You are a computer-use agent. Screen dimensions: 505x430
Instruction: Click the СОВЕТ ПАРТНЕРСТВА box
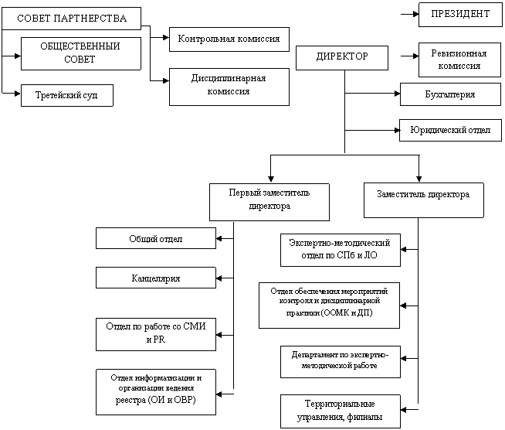(x=72, y=19)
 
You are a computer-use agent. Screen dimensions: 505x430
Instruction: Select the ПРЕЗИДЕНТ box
(x=460, y=15)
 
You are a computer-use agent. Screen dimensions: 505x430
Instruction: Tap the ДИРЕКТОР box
(x=342, y=58)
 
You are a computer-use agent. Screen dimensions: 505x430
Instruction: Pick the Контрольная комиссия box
(x=229, y=39)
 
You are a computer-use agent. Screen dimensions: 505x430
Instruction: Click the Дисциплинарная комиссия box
(x=229, y=87)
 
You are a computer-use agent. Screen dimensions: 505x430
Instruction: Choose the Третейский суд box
(x=67, y=95)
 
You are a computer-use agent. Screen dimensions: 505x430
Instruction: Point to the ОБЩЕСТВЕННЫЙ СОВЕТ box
(x=81, y=53)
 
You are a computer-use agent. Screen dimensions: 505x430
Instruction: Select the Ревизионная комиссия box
(x=459, y=60)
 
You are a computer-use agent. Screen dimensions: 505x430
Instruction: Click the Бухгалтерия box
(x=451, y=94)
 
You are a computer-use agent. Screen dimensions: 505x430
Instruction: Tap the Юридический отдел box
(x=451, y=131)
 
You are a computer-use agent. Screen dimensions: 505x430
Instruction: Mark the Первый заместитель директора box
(x=269, y=203)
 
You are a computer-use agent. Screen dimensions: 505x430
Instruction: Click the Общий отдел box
(x=156, y=238)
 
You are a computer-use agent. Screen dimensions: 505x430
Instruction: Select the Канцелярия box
(x=156, y=278)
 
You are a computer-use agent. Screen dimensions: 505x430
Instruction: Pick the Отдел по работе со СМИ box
(x=156, y=335)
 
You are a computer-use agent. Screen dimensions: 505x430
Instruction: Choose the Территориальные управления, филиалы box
(x=341, y=411)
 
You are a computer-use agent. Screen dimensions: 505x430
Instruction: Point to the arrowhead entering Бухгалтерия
(x=398, y=94)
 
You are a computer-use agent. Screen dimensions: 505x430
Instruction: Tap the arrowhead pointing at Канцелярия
(x=219, y=278)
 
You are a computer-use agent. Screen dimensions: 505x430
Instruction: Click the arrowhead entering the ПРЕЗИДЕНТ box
(x=415, y=14)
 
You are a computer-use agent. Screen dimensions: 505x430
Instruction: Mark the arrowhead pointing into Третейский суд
(x=18, y=94)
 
